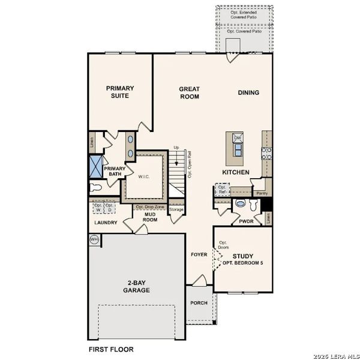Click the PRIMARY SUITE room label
[120, 92]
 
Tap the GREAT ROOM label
[189, 93]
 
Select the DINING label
[248, 92]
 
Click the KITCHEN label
[236, 172]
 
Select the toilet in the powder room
[240, 204]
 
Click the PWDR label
[247, 221]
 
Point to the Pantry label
[262, 194]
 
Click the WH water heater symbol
[94, 239]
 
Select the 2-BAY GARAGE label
[137, 286]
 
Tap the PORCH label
[199, 303]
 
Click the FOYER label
[199, 254]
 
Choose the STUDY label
[243, 256]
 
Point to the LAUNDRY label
[106, 223]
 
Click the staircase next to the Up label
[176, 171]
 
